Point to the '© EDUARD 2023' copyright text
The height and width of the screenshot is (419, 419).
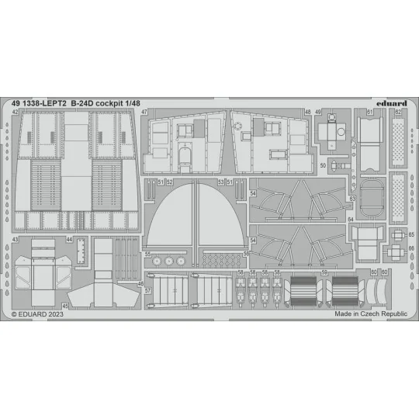click(x=36, y=316)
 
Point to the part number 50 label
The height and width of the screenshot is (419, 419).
click(x=323, y=165)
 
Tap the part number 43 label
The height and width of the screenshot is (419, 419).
click(x=16, y=240)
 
